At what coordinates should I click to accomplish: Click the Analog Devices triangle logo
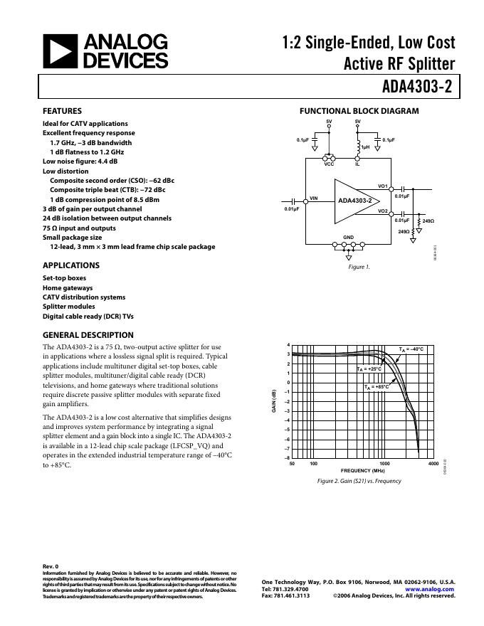point(59,52)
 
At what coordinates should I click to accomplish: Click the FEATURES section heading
point(62,111)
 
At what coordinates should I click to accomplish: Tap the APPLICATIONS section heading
point(71,265)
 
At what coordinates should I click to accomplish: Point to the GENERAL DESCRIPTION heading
point(88,335)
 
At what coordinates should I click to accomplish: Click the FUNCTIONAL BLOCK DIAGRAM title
point(359,111)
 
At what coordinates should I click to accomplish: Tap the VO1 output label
point(382,186)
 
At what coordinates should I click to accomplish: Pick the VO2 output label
point(382,211)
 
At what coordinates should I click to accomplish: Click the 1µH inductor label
point(365,147)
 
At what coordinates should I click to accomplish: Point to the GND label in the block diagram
point(348,236)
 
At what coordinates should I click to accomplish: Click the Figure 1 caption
point(359,267)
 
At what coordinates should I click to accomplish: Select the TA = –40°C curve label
point(411,349)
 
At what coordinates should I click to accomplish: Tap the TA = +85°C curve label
point(377,387)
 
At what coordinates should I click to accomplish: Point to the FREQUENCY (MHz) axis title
point(362,471)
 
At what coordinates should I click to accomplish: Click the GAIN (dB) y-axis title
point(273,403)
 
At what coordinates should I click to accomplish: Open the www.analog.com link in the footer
point(430,589)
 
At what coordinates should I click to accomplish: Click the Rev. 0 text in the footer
point(51,566)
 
